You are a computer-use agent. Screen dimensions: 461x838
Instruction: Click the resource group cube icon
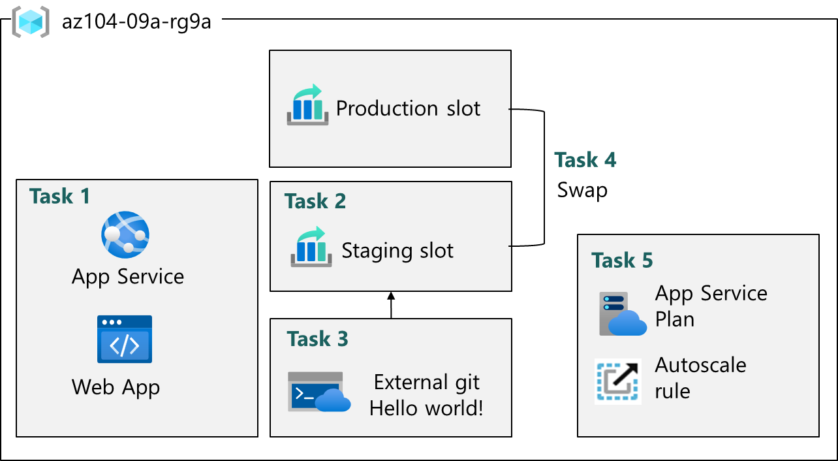click(31, 22)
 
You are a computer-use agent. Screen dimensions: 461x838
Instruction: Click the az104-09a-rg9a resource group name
click(136, 22)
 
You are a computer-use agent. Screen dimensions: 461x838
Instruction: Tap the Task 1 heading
click(59, 196)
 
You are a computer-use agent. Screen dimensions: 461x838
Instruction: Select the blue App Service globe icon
click(125, 235)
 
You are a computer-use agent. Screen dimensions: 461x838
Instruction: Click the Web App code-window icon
click(125, 339)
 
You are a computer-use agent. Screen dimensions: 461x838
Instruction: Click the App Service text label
click(128, 276)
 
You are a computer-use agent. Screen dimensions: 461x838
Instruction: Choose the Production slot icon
click(307, 104)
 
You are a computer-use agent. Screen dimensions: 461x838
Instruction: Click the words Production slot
click(408, 108)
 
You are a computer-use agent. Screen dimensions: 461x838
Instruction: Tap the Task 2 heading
click(315, 201)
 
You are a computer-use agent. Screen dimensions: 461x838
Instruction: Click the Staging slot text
click(397, 251)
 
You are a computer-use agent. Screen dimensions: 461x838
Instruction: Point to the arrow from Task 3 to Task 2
click(391, 305)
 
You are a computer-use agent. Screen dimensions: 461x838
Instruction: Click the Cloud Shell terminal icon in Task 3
click(318, 392)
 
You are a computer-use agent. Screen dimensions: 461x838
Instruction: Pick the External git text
click(427, 382)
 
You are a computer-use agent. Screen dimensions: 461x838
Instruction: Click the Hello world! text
click(427, 408)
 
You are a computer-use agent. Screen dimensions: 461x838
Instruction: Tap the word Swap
click(582, 190)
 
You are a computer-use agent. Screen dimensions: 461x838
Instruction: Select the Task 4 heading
click(585, 160)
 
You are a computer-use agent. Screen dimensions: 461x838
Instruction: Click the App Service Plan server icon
click(622, 313)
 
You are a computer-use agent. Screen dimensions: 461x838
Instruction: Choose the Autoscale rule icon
click(617, 381)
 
